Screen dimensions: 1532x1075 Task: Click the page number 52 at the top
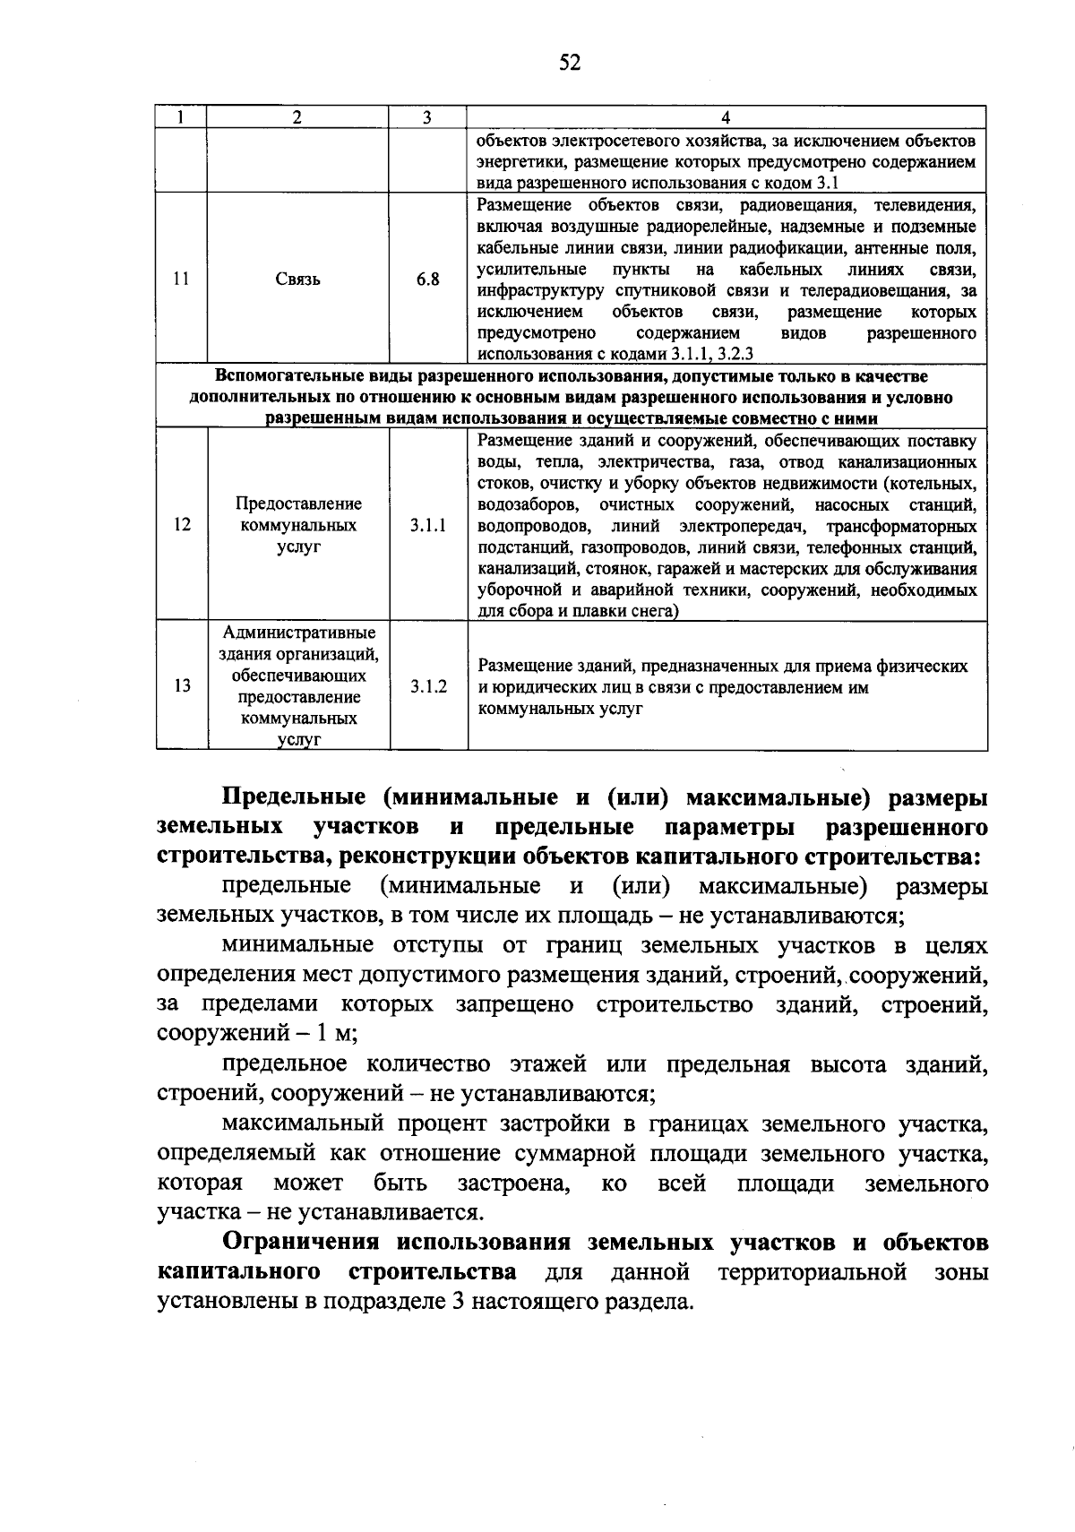[570, 62]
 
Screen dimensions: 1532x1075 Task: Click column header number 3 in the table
[427, 117]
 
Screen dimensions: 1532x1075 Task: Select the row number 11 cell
[181, 279]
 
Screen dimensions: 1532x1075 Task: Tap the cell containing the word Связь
[298, 280]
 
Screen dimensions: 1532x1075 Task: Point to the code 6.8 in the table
[427, 280]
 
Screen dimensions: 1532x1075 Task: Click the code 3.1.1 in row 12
[428, 525]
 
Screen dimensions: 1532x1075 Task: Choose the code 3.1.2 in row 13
[428, 686]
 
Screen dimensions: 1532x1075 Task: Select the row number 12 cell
[182, 525]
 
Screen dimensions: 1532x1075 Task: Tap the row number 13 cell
[182, 686]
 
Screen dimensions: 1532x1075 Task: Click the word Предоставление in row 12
[298, 503]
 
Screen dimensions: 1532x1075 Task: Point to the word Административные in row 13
[299, 633]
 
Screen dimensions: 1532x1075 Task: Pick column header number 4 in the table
[726, 117]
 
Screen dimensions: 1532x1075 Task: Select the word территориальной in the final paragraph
[818, 1272]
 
